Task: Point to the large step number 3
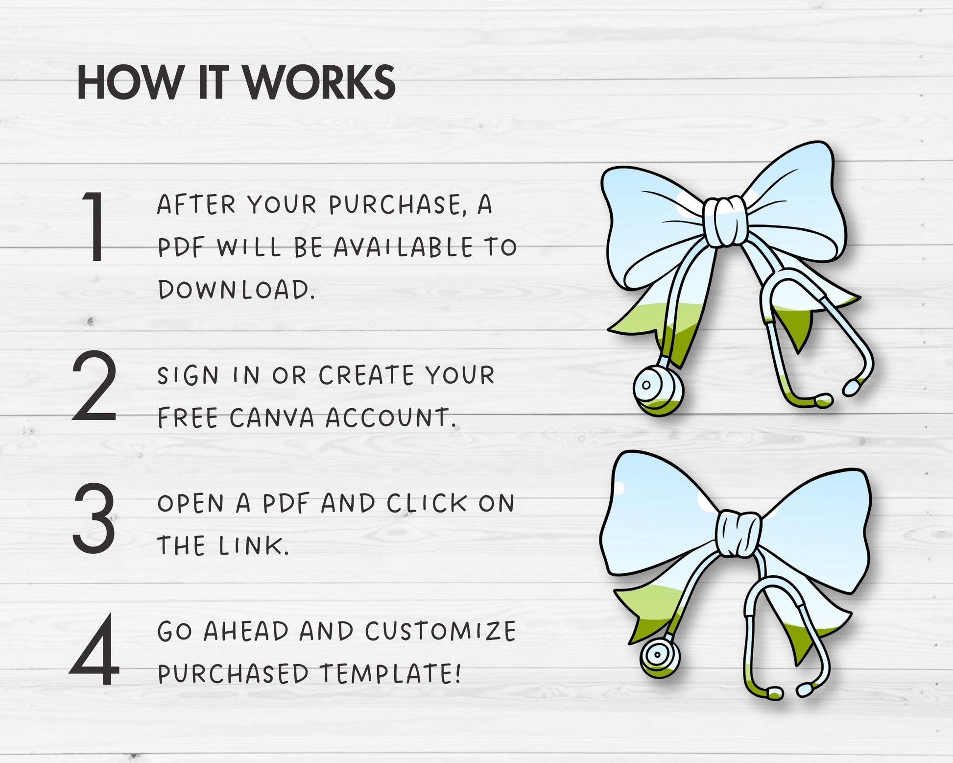(x=95, y=518)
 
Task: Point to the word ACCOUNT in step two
(x=391, y=418)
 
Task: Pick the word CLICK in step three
(x=427, y=503)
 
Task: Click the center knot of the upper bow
(x=723, y=221)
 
